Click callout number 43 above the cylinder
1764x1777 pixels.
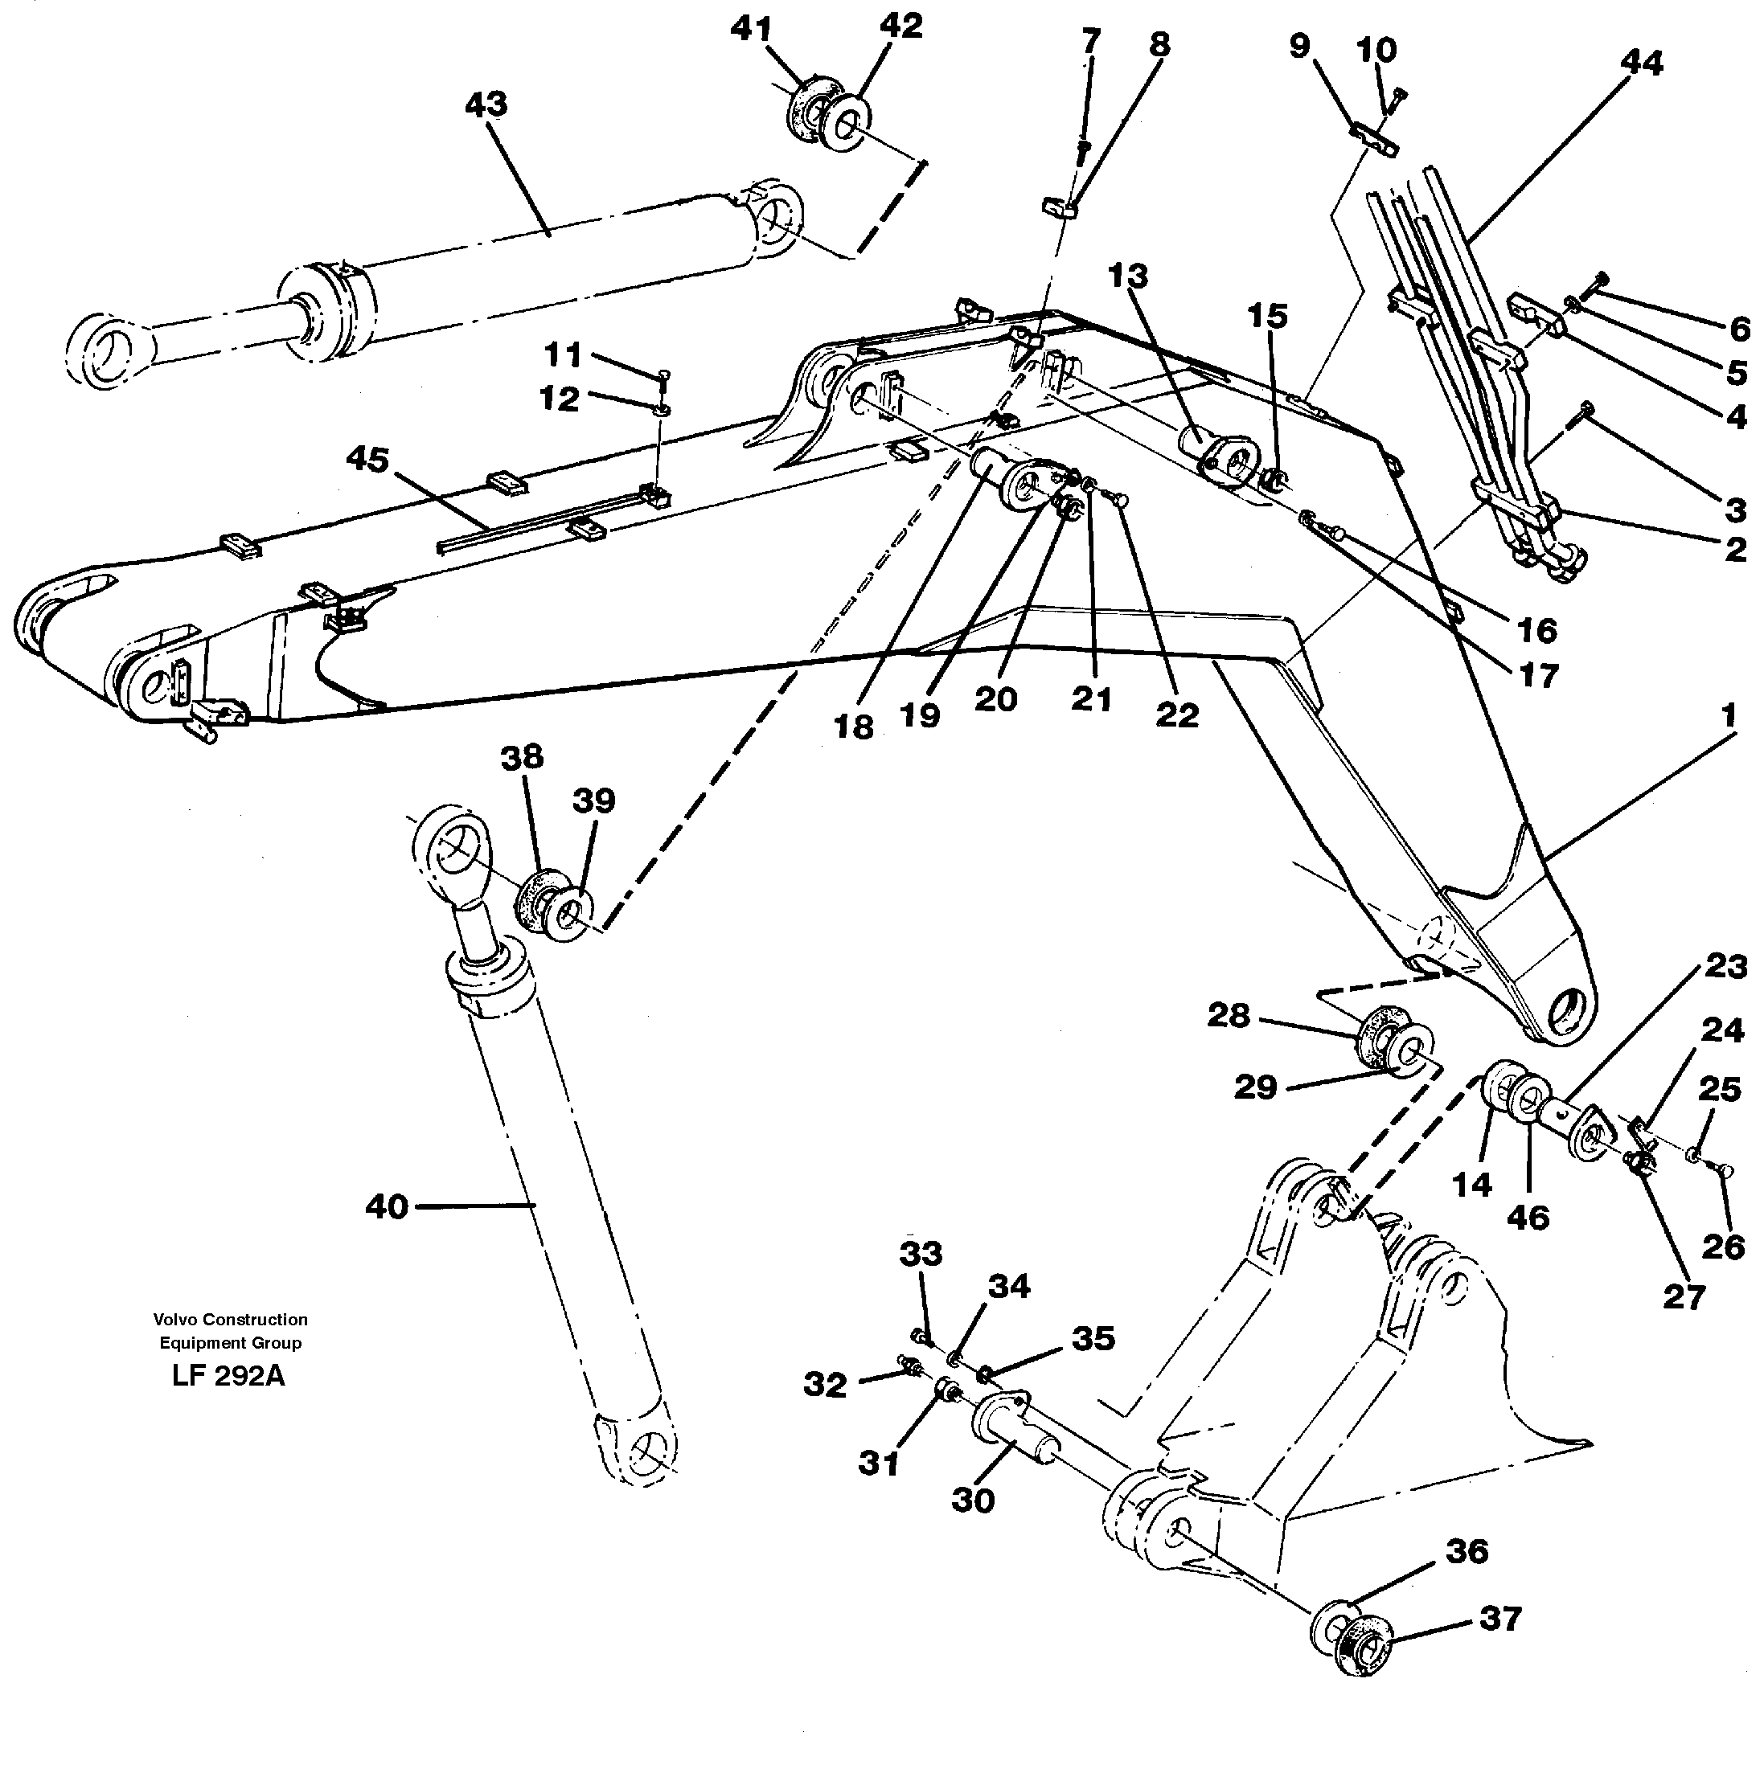(486, 104)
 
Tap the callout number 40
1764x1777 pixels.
(386, 1206)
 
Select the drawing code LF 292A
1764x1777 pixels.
(228, 1376)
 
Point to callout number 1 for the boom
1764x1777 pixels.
(1728, 714)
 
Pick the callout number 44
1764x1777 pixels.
(1642, 63)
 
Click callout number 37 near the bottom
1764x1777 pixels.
(1500, 1617)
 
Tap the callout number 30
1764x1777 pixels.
(973, 1501)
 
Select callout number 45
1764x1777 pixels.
(367, 459)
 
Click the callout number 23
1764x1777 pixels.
(1725, 967)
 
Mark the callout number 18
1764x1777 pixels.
(853, 727)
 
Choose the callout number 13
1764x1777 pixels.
(1128, 275)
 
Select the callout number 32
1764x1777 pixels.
(823, 1384)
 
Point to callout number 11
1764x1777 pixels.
(562, 354)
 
